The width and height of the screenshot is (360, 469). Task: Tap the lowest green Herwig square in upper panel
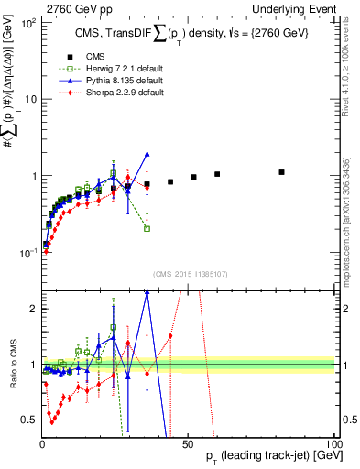point(147,228)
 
